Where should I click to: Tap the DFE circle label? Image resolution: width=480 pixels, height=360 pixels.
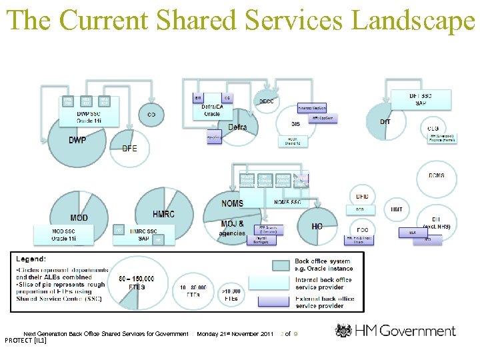pyautogui.click(x=129, y=148)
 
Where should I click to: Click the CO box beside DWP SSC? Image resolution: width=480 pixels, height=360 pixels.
pyautogui.click(x=151, y=115)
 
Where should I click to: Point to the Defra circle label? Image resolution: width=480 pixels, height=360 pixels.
pyautogui.click(x=237, y=127)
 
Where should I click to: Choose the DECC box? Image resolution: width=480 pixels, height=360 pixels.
pyautogui.click(x=266, y=101)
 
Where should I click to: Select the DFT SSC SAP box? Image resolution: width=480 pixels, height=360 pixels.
pyautogui.click(x=420, y=99)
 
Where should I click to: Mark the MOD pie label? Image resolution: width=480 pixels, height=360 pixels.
pyautogui.click(x=79, y=218)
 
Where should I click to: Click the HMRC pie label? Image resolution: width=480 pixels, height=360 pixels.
pyautogui.click(x=163, y=214)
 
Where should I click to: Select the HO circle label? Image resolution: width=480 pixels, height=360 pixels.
pyautogui.click(x=317, y=227)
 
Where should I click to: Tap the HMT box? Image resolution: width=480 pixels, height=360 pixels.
pyautogui.click(x=396, y=209)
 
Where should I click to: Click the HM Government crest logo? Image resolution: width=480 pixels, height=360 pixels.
pyautogui.click(x=345, y=331)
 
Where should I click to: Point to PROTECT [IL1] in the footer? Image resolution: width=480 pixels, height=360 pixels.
pyautogui.click(x=25, y=341)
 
